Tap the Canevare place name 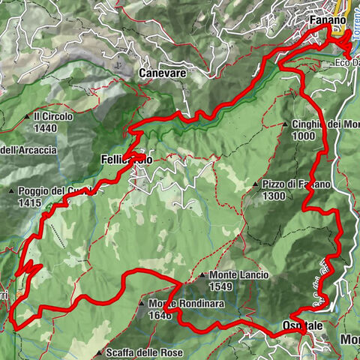[x=162, y=73]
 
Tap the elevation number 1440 [x=45, y=128]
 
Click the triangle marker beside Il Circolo [x=27, y=117]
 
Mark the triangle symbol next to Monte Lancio [x=203, y=275]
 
